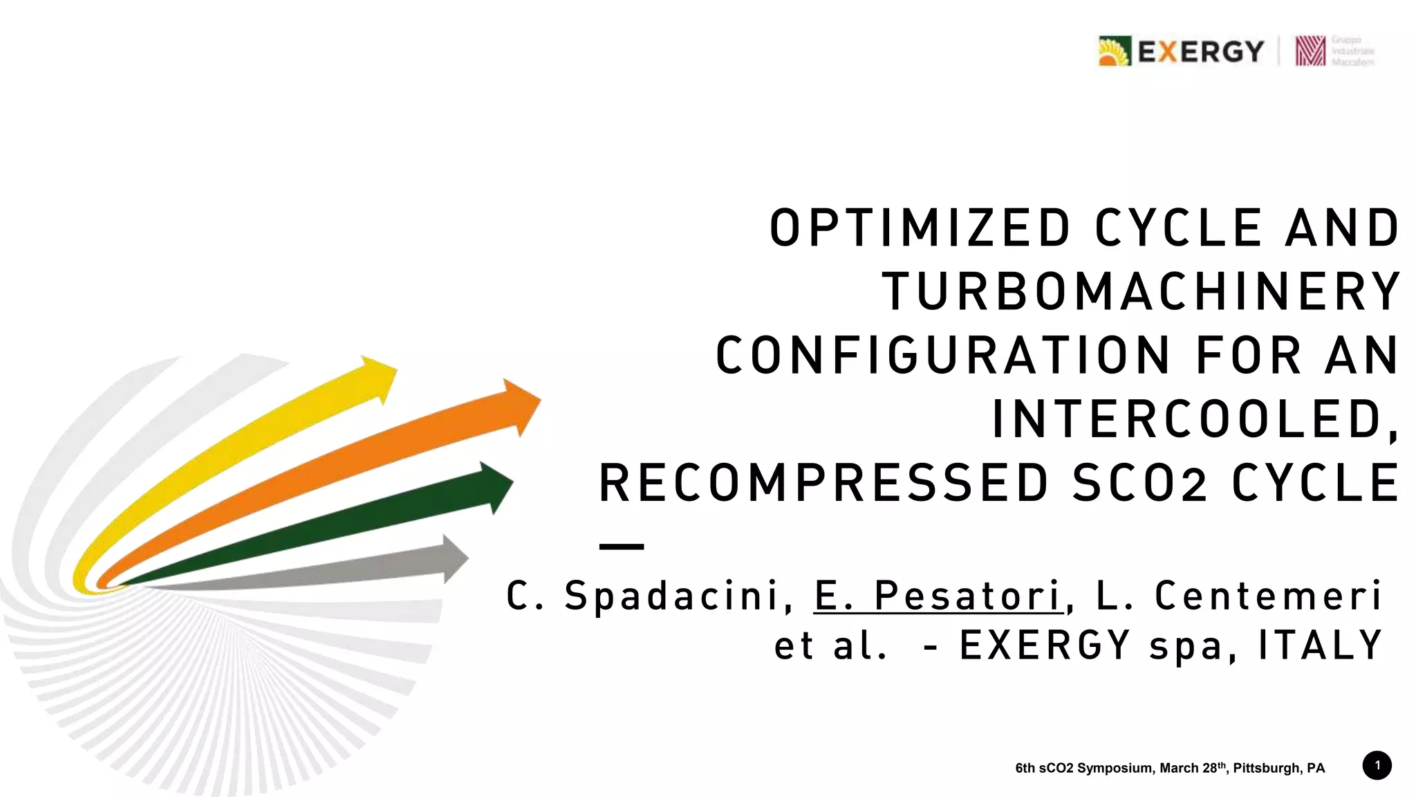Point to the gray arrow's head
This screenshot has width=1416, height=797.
pos(454,558)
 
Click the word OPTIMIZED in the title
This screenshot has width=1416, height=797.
pos(920,228)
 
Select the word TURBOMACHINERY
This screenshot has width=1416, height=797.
pos(1141,292)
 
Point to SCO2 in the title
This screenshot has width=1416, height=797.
pos(1139,483)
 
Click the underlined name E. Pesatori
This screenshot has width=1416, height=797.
pos(938,595)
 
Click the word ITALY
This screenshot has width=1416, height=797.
pos(1320,645)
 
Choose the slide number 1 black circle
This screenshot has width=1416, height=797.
pos(1377,765)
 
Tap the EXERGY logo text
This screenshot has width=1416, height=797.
pos(1200,51)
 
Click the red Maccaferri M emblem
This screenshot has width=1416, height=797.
pos(1310,51)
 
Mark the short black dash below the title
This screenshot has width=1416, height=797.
pos(622,547)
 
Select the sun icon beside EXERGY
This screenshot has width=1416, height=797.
pos(1114,51)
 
